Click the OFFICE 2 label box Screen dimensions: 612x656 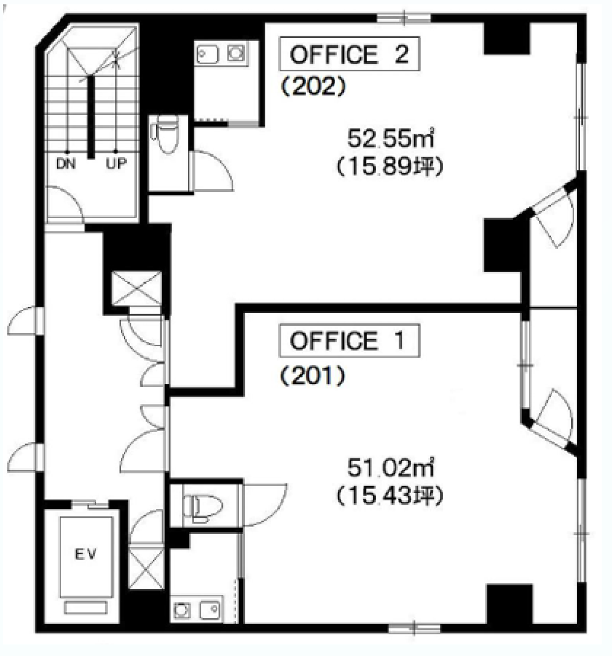[350, 54]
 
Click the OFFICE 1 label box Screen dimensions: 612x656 [350, 340]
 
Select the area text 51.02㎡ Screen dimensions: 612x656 [390, 468]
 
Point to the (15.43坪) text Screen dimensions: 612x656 [390, 497]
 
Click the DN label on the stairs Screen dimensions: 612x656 [66, 163]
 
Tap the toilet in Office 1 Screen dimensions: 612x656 [202, 508]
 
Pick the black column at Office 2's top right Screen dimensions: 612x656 [507, 38]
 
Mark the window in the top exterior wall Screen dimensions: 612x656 [404, 18]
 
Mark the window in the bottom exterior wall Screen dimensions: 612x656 [414, 628]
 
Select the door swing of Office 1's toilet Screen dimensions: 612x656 [265, 506]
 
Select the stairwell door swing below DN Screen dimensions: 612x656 [64, 201]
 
